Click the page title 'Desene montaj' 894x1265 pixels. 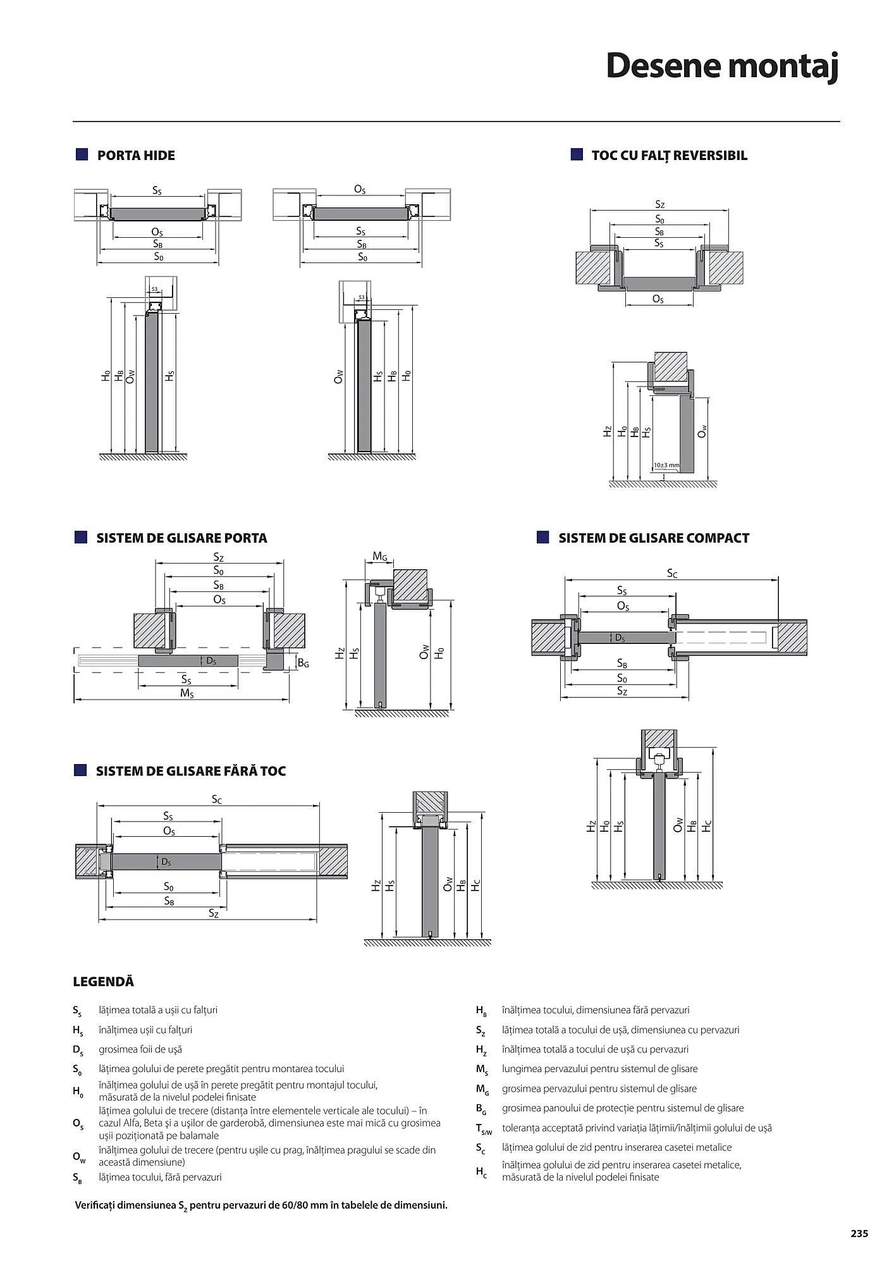722,66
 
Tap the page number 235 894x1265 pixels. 859,1233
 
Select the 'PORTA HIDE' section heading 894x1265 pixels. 136,156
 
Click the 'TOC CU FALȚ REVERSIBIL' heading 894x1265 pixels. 669,156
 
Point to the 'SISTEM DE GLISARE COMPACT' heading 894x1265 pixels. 654,538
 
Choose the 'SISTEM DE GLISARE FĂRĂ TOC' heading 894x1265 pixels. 191,771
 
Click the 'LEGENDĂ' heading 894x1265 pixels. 104,982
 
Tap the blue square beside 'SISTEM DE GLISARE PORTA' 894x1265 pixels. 80,538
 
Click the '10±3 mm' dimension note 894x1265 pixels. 666,466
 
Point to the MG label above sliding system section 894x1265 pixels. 379,557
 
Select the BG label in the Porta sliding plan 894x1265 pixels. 303,663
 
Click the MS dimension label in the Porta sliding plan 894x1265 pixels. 187,693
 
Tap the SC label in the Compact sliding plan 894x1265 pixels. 672,574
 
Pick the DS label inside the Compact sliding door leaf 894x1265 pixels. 620,638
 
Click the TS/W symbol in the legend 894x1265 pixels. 484,1128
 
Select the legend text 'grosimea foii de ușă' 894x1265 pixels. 140,1049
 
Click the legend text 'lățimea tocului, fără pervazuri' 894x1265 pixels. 160,1177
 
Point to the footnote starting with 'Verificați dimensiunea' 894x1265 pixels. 261,1205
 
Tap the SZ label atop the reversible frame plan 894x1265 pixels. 659,204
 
